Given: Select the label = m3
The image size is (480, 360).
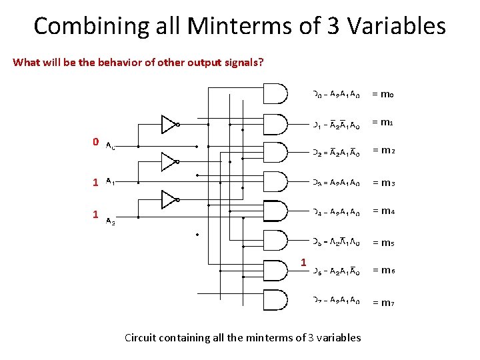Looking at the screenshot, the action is (383, 183).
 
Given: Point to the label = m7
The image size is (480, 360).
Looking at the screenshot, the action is (383, 303).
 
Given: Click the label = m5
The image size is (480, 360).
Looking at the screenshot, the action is (383, 242).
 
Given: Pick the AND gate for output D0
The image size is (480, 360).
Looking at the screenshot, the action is (276, 94).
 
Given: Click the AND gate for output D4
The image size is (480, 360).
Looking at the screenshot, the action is (276, 212).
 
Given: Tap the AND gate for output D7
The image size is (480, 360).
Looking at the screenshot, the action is (276, 301).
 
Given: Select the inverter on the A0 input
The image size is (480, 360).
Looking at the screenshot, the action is (169, 124).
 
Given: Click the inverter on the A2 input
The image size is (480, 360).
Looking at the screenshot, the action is (169, 199).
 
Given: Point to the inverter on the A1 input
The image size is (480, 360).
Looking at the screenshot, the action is (169, 161).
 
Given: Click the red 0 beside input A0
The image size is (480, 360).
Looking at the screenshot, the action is (96, 142).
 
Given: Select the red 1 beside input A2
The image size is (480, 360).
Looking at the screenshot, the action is (96, 215).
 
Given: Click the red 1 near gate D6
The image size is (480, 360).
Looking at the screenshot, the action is (303, 262).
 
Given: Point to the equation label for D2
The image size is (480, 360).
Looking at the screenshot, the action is (337, 153).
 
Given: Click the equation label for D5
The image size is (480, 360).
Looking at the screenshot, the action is (337, 241).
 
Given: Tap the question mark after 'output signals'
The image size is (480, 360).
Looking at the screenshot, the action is (261, 63).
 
